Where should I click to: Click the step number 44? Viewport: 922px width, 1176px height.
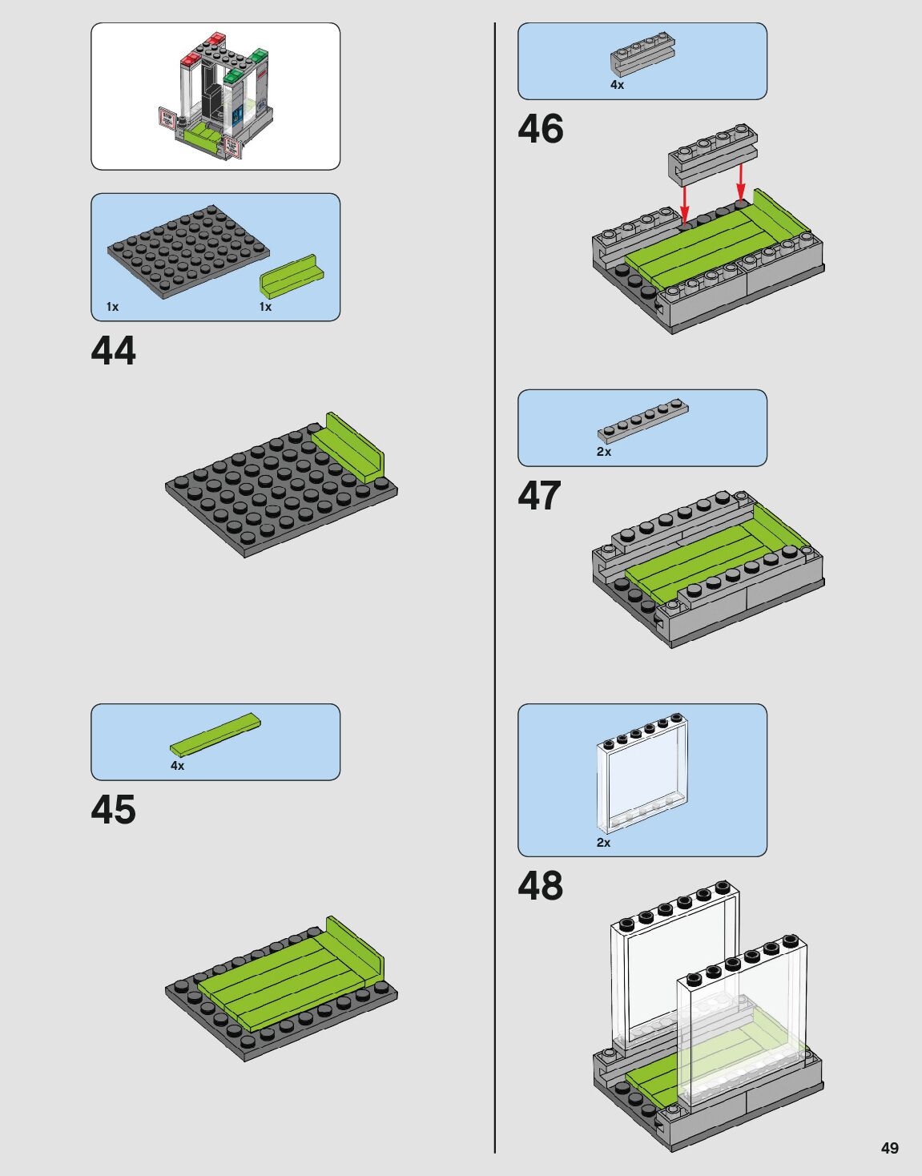114,351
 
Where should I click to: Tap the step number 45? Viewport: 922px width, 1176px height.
114,810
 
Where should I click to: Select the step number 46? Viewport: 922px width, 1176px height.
541,129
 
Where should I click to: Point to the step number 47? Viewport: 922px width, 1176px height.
540,496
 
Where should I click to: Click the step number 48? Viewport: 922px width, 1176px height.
541,886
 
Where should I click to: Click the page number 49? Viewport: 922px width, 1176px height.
889,1148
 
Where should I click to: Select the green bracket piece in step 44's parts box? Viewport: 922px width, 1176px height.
291,277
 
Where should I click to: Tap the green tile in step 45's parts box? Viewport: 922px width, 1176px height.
215,734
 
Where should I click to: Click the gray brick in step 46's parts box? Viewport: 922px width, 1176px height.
642,54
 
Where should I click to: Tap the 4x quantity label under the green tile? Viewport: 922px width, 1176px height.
177,766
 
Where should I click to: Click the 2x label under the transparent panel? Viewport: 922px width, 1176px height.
603,843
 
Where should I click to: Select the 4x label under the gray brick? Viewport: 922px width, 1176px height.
617,85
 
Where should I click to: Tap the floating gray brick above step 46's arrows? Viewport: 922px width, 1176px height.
712,151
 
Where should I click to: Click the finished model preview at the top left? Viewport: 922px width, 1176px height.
215,96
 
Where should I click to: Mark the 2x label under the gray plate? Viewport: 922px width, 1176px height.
604,452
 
